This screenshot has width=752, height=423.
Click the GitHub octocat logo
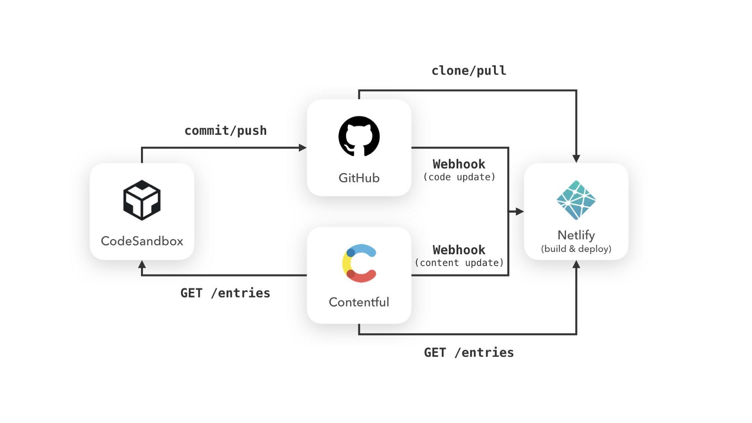tap(359, 136)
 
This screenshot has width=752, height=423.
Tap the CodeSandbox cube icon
tap(142, 200)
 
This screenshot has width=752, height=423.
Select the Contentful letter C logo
tap(360, 263)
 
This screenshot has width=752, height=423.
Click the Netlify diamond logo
tap(576, 200)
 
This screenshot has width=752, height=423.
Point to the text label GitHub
tap(359, 178)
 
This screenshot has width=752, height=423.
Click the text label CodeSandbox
tap(142, 241)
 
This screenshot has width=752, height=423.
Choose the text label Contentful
tap(359, 302)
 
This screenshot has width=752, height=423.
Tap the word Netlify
tap(576, 235)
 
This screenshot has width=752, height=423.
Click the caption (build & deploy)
tap(576, 249)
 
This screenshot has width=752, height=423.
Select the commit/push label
tap(226, 131)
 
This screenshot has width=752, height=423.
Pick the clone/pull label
tap(469, 71)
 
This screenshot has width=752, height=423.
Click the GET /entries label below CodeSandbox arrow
tap(226, 293)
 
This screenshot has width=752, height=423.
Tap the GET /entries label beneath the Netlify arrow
tap(469, 352)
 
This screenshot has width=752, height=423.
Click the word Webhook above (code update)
tap(459, 164)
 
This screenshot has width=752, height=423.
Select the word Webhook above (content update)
tap(459, 250)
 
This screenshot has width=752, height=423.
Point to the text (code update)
tap(459, 177)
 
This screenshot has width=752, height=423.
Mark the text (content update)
tap(459, 263)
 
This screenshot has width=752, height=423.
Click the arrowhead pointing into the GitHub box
tap(303, 148)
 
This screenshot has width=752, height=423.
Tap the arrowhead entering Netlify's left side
tap(519, 211)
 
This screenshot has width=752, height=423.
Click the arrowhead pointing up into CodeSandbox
tap(142, 265)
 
